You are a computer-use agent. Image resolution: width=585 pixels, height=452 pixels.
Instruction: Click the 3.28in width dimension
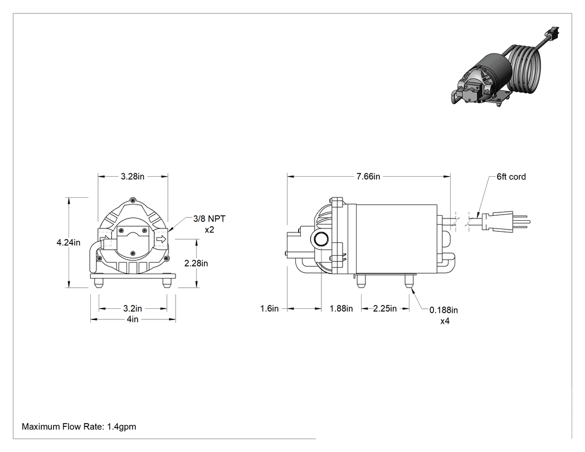133,177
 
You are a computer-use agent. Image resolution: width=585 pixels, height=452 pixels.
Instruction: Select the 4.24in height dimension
69,242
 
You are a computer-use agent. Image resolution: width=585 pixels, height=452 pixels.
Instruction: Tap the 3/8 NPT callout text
209,218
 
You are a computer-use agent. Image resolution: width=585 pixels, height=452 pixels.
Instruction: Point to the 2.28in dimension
196,264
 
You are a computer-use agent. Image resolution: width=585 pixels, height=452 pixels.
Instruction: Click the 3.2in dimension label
133,309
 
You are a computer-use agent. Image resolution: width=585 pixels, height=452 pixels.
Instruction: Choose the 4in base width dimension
133,319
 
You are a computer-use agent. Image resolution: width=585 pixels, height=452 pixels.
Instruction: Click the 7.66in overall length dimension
368,177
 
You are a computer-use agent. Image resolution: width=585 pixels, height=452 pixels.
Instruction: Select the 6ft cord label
511,177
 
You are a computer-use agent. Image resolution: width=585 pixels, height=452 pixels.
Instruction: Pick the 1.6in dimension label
269,309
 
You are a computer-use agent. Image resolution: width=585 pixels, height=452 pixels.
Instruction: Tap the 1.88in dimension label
341,309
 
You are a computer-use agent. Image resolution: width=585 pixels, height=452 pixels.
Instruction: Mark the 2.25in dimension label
385,309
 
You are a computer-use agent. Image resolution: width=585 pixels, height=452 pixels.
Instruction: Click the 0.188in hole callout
443,310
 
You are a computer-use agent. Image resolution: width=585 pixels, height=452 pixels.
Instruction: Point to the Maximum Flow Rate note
79,426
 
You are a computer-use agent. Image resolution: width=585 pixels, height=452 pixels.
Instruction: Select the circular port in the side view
320,240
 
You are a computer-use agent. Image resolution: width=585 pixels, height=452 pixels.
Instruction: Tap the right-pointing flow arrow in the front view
161,239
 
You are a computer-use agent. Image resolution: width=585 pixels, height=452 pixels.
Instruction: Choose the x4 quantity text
445,321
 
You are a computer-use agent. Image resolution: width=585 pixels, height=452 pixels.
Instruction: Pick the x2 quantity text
209,230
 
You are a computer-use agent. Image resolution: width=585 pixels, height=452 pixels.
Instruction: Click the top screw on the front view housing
131,201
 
